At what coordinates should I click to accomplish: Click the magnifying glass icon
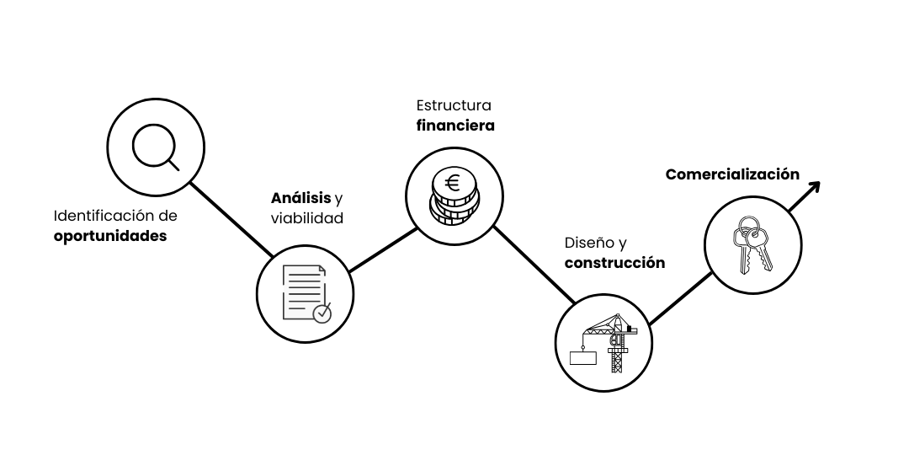(156, 148)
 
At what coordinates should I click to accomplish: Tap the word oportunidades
(110, 236)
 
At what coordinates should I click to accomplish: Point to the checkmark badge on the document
(322, 313)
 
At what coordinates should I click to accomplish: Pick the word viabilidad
(307, 219)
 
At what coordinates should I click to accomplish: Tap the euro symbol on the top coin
(453, 183)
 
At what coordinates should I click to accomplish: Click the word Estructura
(454, 105)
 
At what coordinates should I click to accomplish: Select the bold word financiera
(455, 126)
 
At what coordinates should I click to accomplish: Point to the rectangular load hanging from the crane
(582, 357)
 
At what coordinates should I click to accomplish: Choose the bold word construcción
(614, 263)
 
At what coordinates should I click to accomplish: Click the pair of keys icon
(752, 244)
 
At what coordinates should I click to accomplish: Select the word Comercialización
(732, 174)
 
